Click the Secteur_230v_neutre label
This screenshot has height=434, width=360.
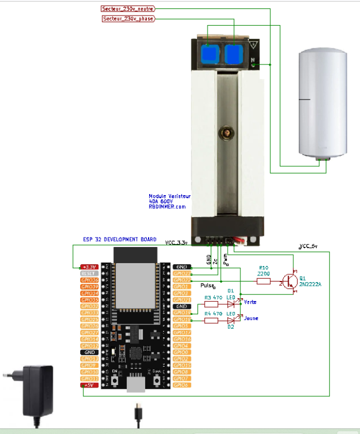click(x=128, y=9)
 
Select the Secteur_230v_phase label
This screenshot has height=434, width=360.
click(x=128, y=19)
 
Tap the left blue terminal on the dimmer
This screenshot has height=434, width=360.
click(x=210, y=53)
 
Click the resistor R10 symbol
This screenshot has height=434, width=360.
click(x=264, y=282)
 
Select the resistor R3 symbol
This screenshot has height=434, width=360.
click(x=211, y=304)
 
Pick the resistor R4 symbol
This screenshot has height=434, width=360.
click(x=211, y=320)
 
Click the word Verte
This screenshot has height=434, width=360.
click(x=250, y=302)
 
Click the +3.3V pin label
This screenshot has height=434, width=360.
click(x=90, y=267)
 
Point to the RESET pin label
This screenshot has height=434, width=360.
click(x=90, y=274)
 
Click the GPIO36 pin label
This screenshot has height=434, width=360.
click(x=90, y=280)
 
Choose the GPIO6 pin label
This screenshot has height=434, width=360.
click(x=183, y=385)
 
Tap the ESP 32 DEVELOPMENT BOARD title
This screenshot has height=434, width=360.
click(x=116, y=239)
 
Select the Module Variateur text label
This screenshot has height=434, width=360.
click(x=169, y=196)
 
